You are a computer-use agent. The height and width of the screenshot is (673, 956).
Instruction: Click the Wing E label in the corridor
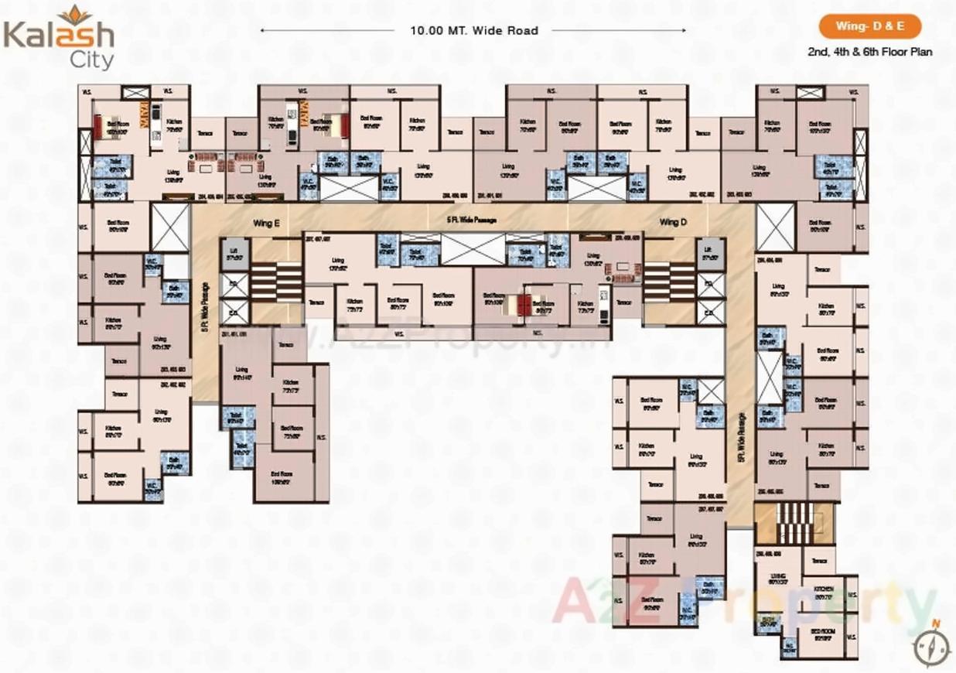[x=265, y=223]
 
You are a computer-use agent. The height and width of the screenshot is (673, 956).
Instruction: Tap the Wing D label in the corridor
[x=673, y=223]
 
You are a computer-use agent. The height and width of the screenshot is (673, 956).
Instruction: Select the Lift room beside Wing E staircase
[x=230, y=252]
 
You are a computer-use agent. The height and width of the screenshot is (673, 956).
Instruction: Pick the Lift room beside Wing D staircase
[x=708, y=252]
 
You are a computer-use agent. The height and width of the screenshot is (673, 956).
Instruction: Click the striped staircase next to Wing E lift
[x=276, y=281]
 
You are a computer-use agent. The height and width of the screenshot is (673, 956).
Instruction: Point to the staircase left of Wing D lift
[x=669, y=281]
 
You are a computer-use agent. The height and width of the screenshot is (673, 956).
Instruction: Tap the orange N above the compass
[x=935, y=623]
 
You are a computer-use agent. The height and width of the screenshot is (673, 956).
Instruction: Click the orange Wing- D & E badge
[x=869, y=27]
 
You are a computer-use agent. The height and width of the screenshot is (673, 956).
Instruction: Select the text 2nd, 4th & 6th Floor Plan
[x=869, y=52]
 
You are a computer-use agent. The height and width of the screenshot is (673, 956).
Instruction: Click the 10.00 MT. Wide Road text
[x=474, y=31]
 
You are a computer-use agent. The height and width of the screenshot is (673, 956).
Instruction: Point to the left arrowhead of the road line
[x=264, y=31]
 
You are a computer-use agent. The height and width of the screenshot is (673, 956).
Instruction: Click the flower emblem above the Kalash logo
[x=74, y=13]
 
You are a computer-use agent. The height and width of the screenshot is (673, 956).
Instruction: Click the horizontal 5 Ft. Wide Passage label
[x=470, y=220]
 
